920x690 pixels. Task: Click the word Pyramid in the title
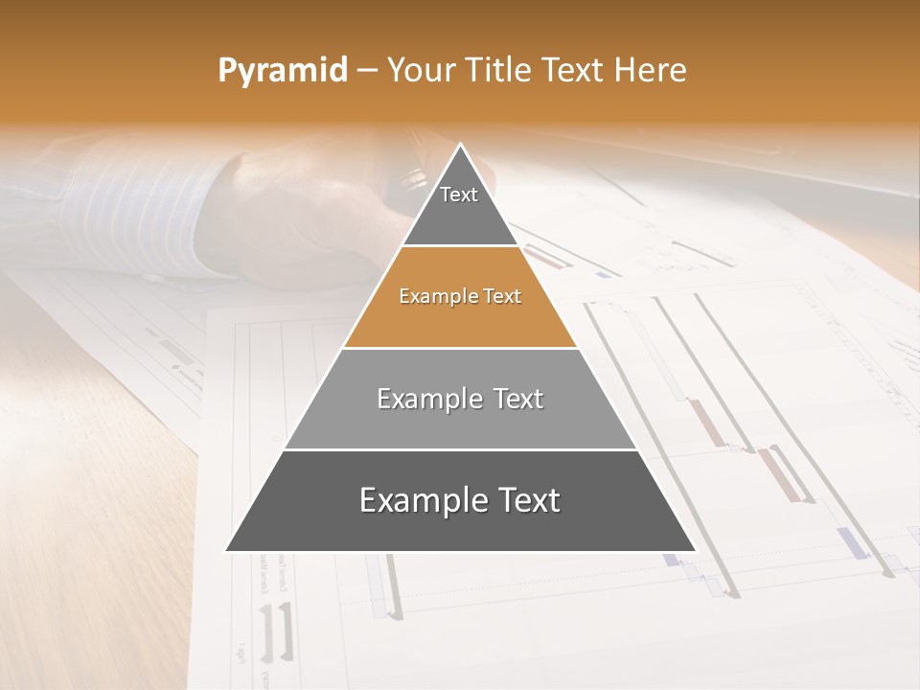pyautogui.click(x=282, y=71)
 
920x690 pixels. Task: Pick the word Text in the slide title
pyautogui.click(x=574, y=70)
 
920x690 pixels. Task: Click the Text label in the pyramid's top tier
pyautogui.click(x=459, y=195)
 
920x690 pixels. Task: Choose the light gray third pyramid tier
pyautogui.click(x=460, y=422)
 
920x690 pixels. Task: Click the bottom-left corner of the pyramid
pyautogui.click(x=226, y=551)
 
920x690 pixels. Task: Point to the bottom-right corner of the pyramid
pyautogui.click(x=695, y=551)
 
